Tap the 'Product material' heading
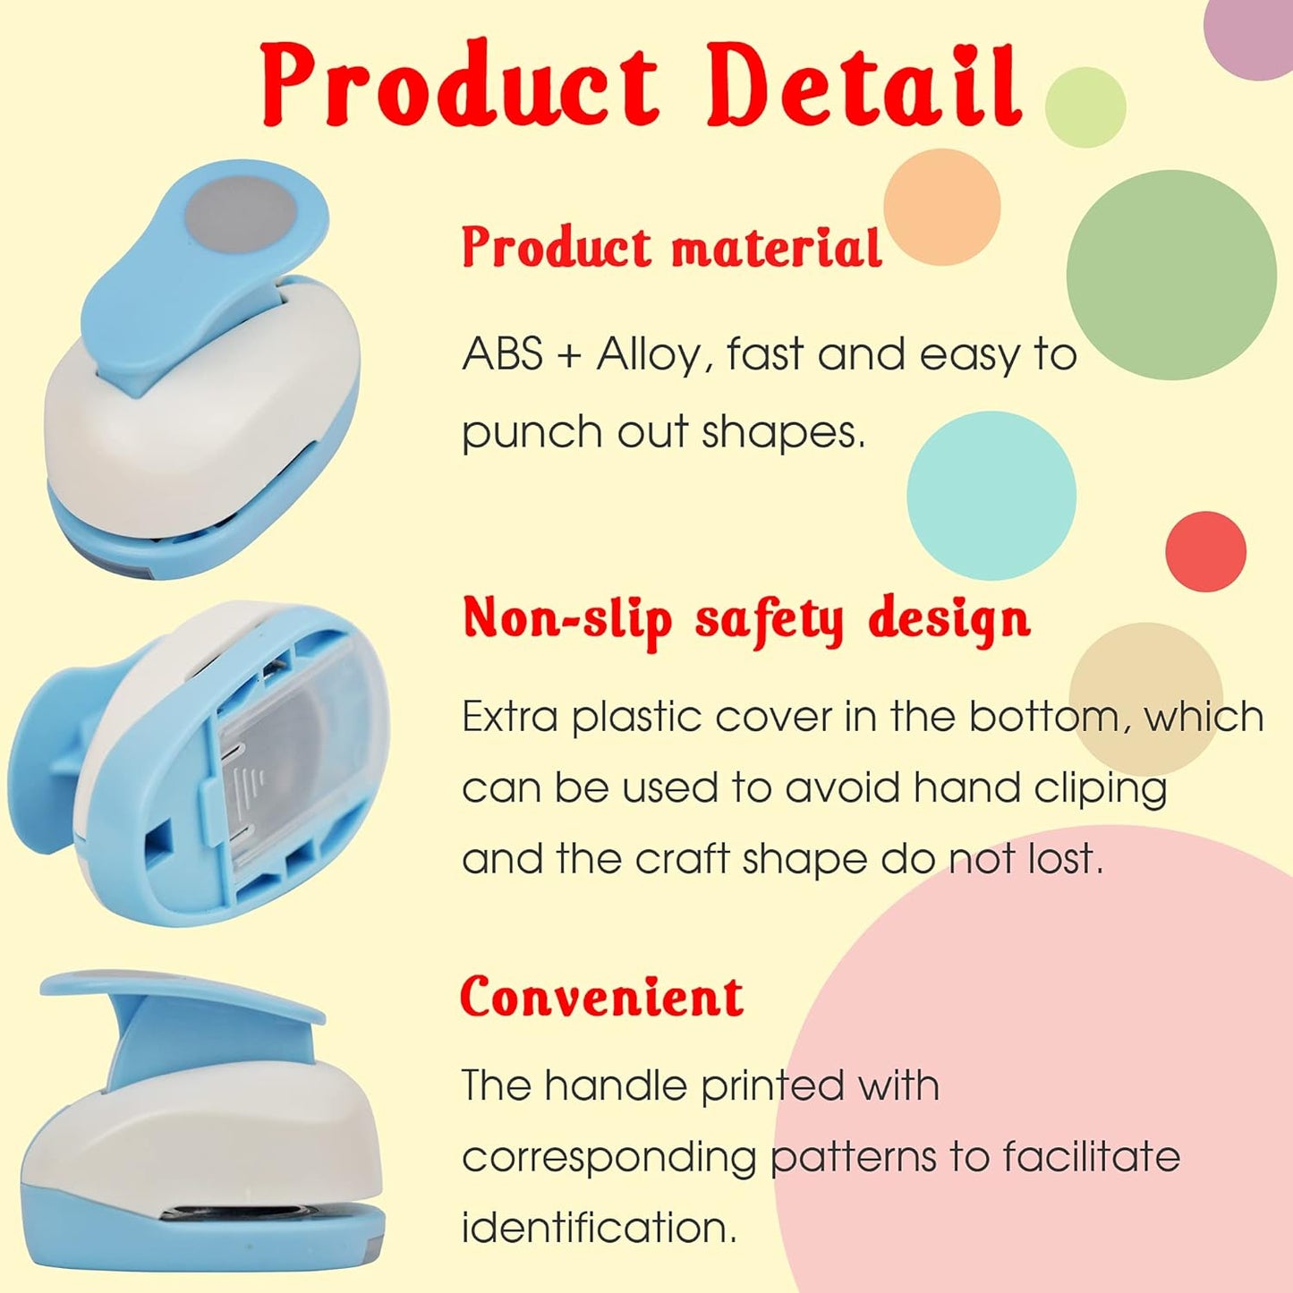point(671,247)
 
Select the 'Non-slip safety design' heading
point(745,618)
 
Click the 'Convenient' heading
point(601,997)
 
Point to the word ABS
point(502,354)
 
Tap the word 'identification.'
point(599,1227)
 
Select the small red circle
point(1205,551)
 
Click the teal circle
point(991,495)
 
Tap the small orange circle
point(941,207)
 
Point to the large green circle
point(1171,275)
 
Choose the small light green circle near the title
point(1085,107)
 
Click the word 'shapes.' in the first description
point(784,432)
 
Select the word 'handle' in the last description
point(616,1085)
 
